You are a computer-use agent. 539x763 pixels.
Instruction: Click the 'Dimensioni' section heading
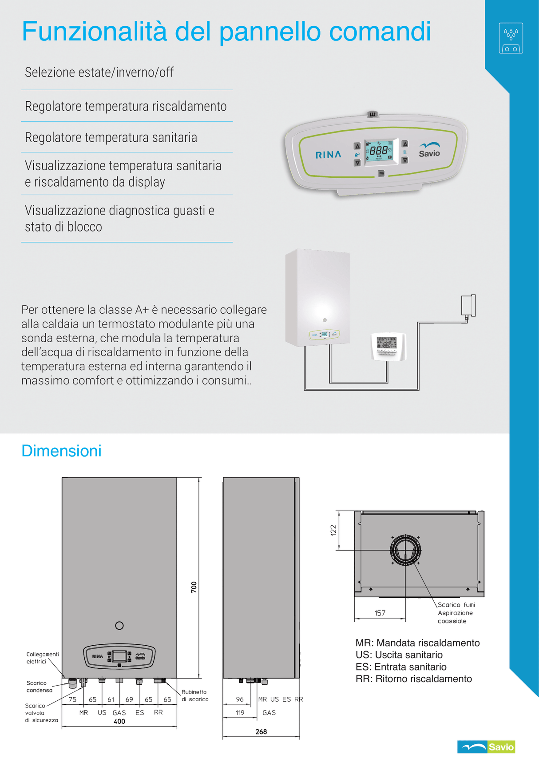(61, 451)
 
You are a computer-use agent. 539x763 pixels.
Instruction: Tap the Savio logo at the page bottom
(486, 747)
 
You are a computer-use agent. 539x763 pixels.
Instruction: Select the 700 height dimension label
(194, 587)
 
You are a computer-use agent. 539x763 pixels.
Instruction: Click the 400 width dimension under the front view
(119, 722)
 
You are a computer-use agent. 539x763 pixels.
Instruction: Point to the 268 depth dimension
(261, 731)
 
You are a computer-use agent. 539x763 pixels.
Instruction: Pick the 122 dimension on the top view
(334, 531)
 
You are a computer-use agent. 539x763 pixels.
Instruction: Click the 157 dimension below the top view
(380, 613)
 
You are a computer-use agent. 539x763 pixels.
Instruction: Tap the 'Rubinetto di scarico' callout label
(194, 695)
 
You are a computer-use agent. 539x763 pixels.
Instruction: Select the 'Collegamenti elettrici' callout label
(42, 658)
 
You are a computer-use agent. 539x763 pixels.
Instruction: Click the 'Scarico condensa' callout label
(39, 687)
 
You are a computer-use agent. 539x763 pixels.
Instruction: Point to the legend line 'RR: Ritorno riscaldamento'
(413, 679)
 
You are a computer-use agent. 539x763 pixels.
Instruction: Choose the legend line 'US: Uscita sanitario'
(399, 655)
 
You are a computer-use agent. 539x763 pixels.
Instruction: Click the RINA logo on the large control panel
(329, 155)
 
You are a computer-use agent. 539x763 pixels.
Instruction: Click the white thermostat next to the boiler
(388, 346)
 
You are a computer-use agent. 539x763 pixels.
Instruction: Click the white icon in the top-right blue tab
(511, 38)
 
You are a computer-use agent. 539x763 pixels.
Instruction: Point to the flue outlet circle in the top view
(405, 550)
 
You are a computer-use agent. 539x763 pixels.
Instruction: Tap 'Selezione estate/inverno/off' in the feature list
(99, 72)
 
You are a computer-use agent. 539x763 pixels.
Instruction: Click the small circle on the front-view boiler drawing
(119, 626)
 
